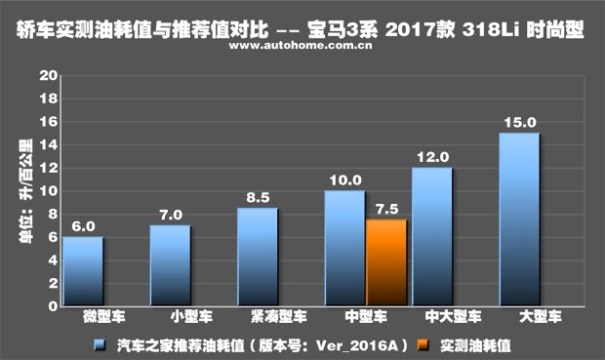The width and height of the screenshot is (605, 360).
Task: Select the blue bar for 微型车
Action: point(83,271)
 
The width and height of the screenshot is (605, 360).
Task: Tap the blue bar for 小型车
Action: point(170,265)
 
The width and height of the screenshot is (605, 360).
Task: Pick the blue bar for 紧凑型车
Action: point(257,257)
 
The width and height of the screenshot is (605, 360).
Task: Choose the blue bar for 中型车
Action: point(343,248)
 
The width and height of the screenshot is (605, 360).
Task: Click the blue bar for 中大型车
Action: point(431,237)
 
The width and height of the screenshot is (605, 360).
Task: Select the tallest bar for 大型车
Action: point(518,220)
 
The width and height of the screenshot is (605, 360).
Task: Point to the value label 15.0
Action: point(518,122)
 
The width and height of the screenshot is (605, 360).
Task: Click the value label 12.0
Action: point(431,156)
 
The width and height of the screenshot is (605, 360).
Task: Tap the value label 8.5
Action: point(257,197)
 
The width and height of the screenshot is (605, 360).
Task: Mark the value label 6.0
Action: point(83,225)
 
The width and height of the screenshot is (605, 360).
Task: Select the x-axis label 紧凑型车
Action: point(257,317)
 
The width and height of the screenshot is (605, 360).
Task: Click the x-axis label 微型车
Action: point(83,317)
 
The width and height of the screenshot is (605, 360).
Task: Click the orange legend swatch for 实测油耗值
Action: point(421,343)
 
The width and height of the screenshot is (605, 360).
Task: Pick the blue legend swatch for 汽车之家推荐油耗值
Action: point(100,343)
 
